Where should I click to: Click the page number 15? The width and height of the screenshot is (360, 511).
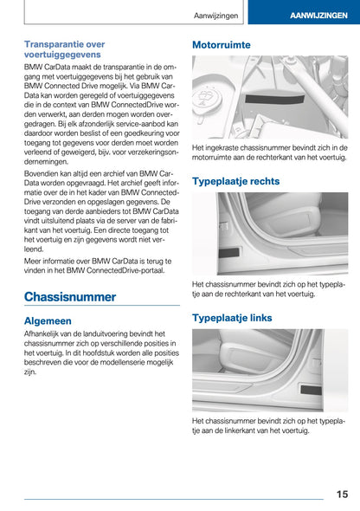[x=343, y=494]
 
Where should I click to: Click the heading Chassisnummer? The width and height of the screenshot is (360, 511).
[x=69, y=296]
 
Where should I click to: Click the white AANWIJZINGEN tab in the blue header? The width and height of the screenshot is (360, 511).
[x=313, y=16]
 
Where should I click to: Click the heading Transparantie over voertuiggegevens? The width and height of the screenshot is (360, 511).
[x=65, y=49]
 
